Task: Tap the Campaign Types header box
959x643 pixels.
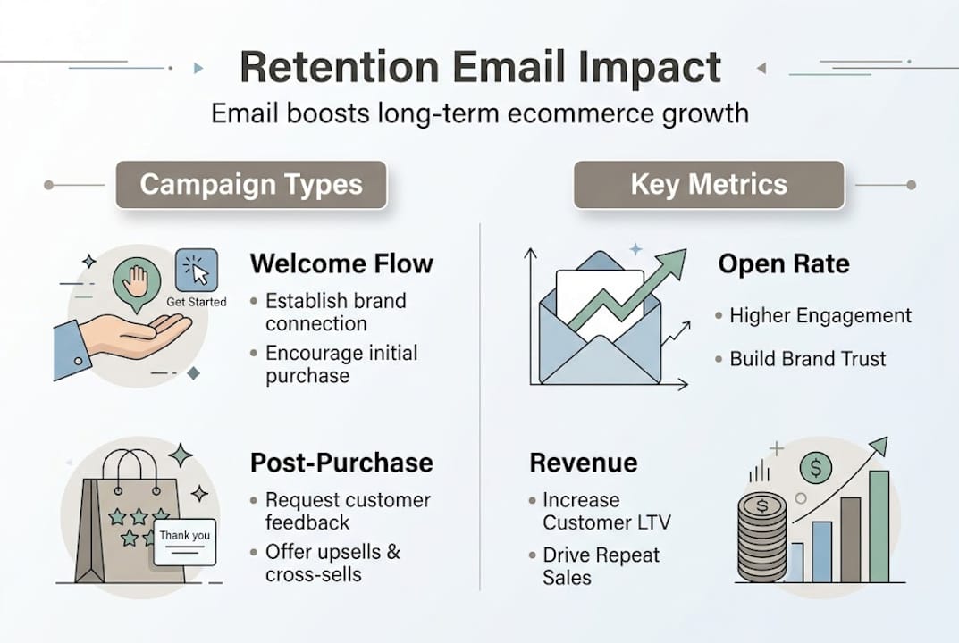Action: (x=251, y=185)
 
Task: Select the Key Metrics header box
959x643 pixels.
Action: (x=709, y=185)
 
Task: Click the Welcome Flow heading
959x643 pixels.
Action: (x=341, y=263)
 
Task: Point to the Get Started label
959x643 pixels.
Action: (x=197, y=302)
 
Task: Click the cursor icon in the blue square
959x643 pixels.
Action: (x=197, y=271)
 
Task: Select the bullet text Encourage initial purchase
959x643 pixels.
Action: (x=341, y=363)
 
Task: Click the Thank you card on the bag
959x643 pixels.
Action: (x=185, y=539)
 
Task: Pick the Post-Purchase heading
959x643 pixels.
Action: (x=341, y=463)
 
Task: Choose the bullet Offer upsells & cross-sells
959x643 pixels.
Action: (x=332, y=563)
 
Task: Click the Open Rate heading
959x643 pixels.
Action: (x=784, y=263)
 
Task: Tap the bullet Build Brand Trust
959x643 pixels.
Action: (x=807, y=359)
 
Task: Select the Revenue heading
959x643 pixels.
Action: (x=584, y=463)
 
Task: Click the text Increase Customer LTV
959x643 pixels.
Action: (x=606, y=511)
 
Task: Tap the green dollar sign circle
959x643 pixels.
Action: (x=815, y=465)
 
